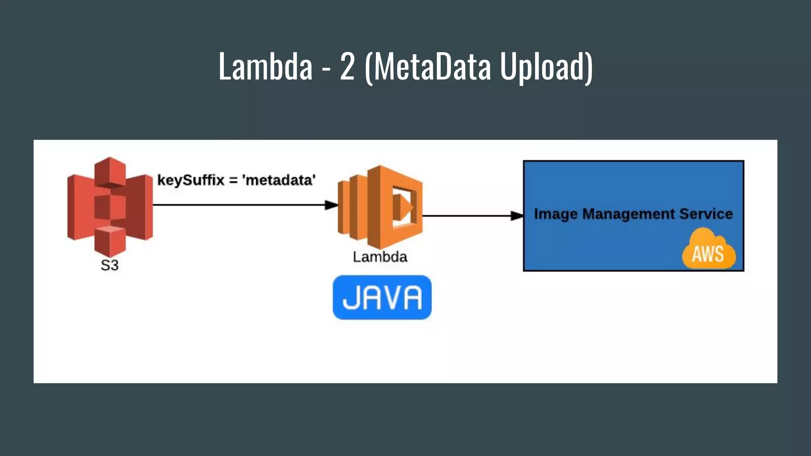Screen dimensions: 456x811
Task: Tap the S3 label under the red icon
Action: (110, 265)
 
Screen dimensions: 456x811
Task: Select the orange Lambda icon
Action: (380, 207)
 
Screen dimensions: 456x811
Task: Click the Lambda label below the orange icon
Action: (380, 257)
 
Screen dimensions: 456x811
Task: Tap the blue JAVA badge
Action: (382, 297)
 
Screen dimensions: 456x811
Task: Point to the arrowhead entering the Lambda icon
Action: (332, 205)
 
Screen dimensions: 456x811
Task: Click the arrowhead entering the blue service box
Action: (517, 216)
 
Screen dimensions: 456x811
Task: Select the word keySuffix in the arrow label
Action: (191, 180)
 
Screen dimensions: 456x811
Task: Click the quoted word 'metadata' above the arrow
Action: (279, 180)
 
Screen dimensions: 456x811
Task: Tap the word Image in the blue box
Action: (556, 214)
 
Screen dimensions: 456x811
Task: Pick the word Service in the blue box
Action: (706, 214)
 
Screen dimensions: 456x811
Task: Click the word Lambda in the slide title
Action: (266, 66)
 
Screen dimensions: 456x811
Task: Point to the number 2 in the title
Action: (347, 66)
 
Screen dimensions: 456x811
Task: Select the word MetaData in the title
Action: (432, 66)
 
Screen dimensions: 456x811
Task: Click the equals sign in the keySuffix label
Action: (234, 180)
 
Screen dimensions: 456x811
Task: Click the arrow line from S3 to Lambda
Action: (238, 205)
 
